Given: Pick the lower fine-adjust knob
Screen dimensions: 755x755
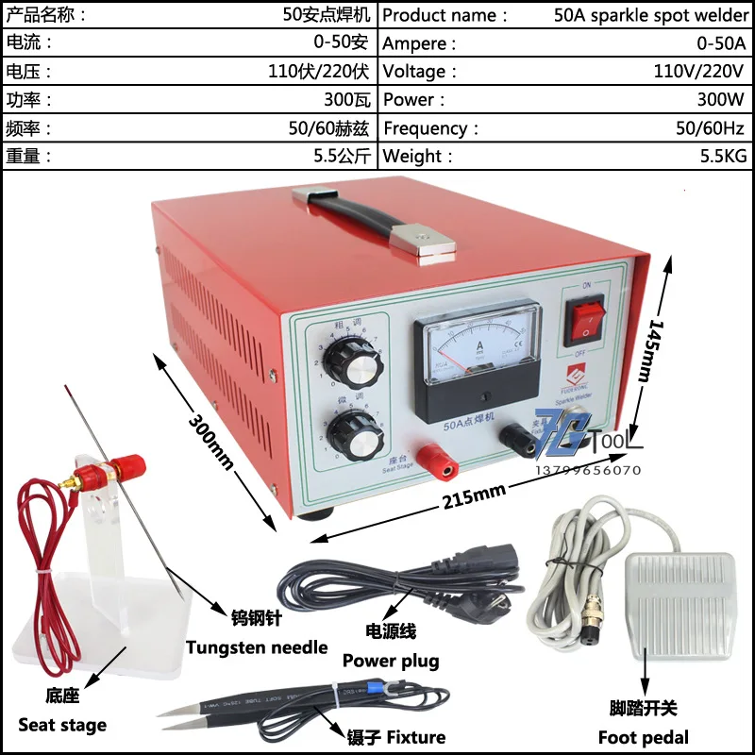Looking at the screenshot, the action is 351,433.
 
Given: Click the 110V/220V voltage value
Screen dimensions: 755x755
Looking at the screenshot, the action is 698,72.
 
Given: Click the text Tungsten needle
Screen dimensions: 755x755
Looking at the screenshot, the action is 257,647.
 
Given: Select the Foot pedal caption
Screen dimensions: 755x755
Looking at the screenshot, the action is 644,737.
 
